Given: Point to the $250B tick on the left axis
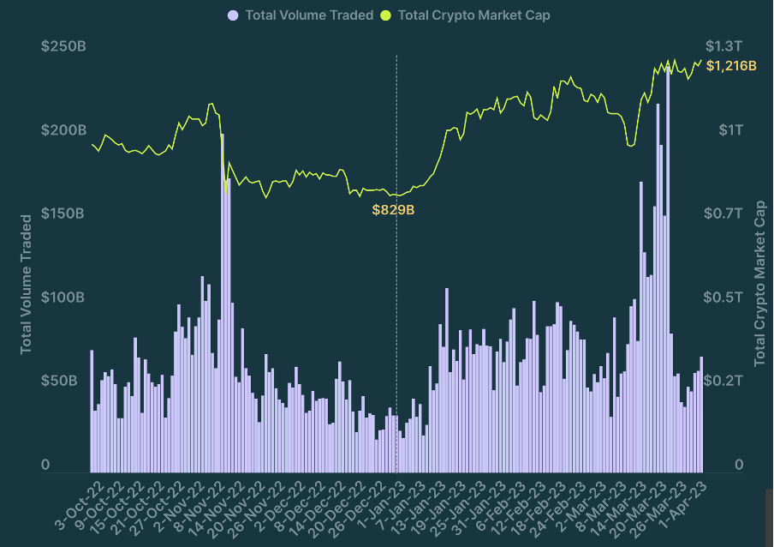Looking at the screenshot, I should coord(63,45).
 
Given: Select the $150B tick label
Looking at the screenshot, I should coord(63,213).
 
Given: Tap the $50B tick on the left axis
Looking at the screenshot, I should coord(67,380).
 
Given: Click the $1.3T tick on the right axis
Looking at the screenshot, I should coord(723,45).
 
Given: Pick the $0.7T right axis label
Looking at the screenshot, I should coord(723,213).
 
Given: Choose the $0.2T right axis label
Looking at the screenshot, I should coord(723,380).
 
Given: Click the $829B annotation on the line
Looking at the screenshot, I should coord(393,209).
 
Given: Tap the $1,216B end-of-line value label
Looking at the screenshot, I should coord(731,66).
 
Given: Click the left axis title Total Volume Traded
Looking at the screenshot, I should coord(26,284).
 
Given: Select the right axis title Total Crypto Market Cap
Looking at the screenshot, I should coord(759,284).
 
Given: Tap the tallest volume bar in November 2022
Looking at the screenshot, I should coord(222,300).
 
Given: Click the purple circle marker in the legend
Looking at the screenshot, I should coord(233,15).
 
